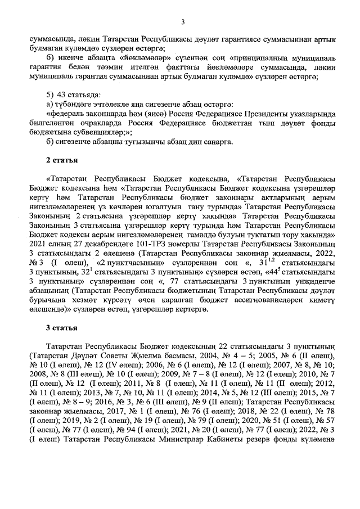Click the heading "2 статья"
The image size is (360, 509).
[61, 161]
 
